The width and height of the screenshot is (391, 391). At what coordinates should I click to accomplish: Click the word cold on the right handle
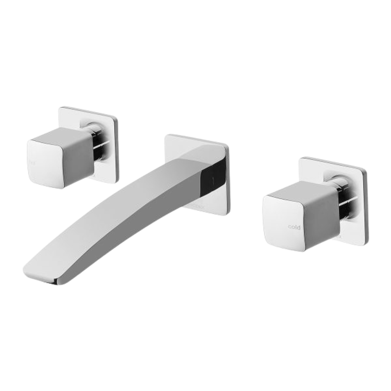tap(294, 227)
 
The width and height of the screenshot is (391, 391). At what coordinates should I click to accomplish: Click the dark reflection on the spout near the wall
tap(213, 176)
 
